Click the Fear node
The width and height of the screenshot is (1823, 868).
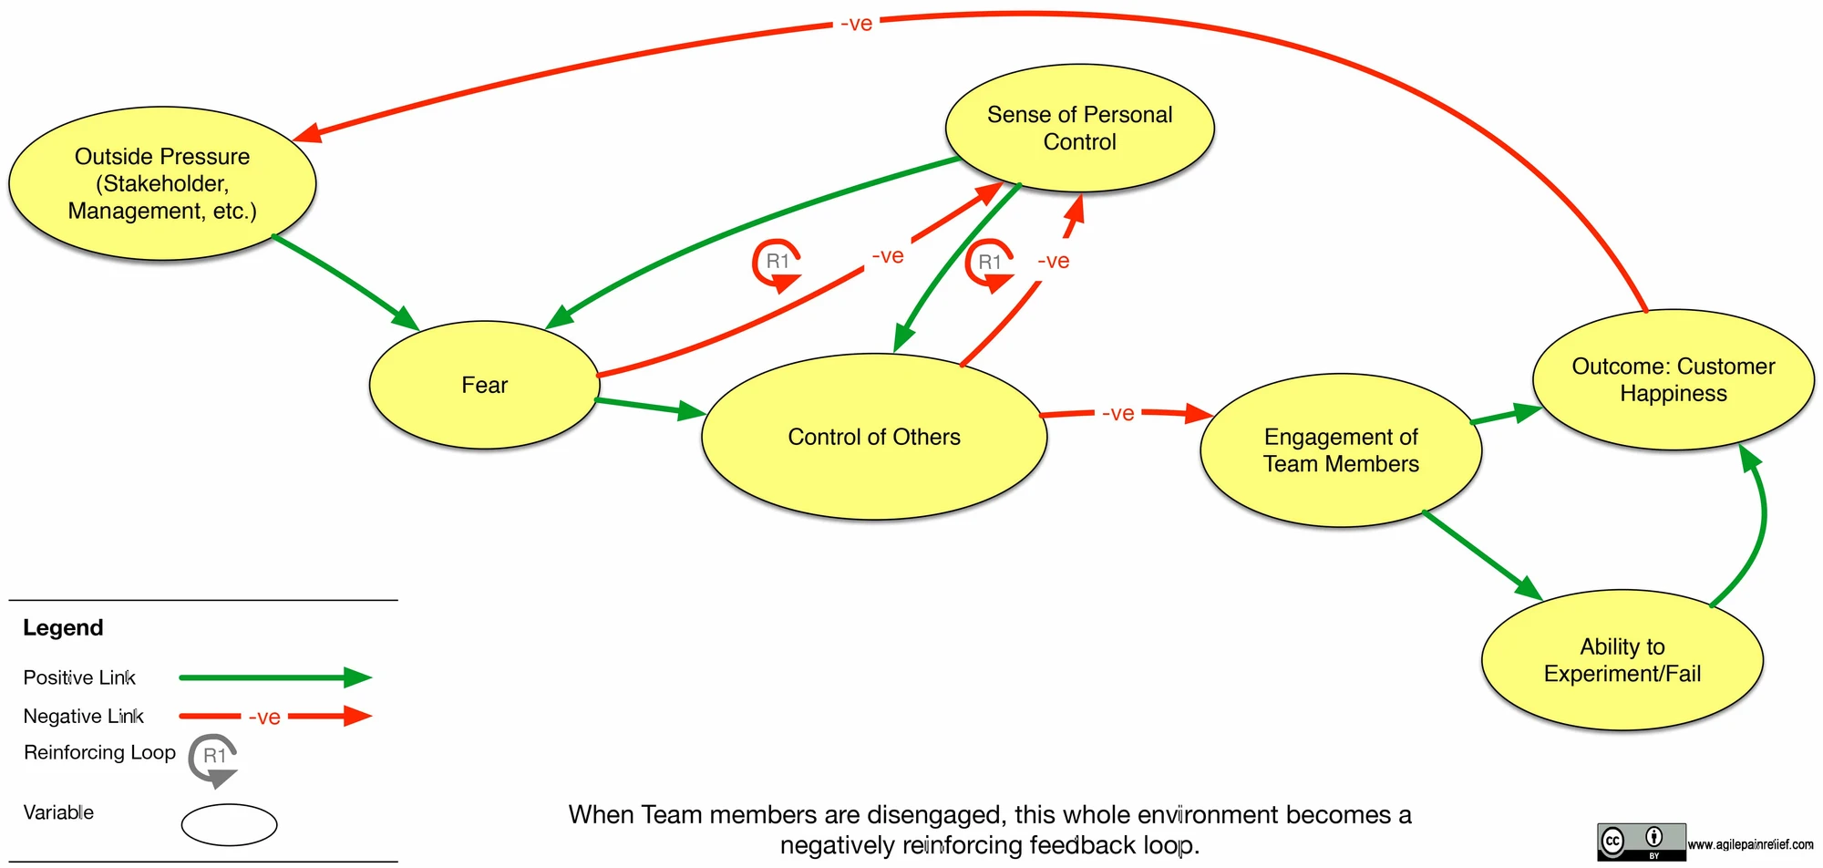tap(484, 385)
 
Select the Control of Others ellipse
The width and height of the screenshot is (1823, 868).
tap(874, 437)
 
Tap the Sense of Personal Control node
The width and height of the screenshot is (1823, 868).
tap(1080, 128)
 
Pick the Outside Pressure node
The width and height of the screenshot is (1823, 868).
tap(162, 183)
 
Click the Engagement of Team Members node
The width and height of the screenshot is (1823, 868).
tap(1341, 449)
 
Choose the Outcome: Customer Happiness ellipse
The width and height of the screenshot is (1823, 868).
tap(1674, 379)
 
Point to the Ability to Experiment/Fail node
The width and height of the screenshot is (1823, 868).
tap(1622, 660)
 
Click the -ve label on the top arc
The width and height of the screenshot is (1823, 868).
tap(857, 24)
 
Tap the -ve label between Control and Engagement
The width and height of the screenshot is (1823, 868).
tap(1118, 413)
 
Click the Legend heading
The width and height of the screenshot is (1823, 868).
tap(63, 627)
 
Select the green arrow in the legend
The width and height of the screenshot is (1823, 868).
tap(276, 677)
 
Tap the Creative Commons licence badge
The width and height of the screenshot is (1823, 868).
tap(1641, 842)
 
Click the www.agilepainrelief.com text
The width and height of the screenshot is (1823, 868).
tap(1750, 844)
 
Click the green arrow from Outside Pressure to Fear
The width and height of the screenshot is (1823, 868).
tap(345, 283)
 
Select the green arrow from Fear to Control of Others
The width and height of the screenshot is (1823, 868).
tap(651, 408)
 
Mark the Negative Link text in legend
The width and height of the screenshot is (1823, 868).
tap(84, 716)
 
